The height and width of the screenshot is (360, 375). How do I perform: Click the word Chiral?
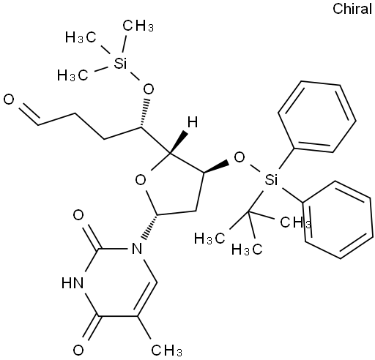tap(352, 10)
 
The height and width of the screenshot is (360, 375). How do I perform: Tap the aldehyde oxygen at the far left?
tap(9, 100)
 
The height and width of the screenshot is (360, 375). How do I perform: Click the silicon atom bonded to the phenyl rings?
tap(271, 179)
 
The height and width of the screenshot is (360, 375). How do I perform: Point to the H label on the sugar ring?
tap(193, 122)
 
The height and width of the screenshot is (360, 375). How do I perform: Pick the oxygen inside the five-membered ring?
tap(141, 180)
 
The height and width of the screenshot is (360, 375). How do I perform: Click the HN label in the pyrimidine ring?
tap(73, 283)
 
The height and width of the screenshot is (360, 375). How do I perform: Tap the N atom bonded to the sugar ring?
tap(136, 249)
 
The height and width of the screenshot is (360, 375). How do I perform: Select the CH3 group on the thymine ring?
tap(167, 350)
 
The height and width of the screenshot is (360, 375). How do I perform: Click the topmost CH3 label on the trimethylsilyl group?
tap(138, 26)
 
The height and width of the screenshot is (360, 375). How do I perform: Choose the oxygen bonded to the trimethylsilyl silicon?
tap(149, 89)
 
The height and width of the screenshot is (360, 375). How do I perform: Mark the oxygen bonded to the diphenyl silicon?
tap(239, 157)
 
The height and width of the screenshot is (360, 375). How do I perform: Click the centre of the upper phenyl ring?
tap(317, 116)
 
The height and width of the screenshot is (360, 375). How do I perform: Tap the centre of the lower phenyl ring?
tap(338, 220)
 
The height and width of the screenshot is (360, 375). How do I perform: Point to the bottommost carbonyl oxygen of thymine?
tap(78, 350)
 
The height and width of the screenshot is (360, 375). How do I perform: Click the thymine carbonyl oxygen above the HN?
tap(78, 215)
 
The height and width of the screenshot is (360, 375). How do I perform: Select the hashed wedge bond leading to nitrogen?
tap(149, 227)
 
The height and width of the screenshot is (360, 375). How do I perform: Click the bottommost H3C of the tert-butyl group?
tap(247, 249)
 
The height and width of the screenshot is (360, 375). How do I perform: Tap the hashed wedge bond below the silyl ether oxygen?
tap(144, 113)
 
